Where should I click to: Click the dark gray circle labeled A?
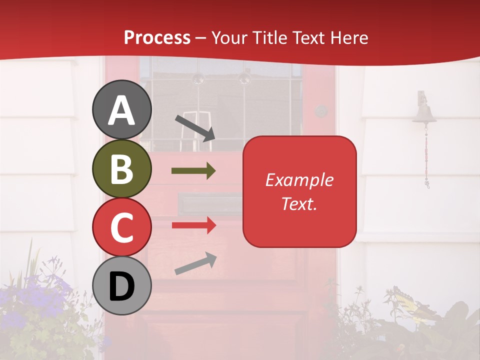point(122,109)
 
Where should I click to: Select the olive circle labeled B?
point(122,168)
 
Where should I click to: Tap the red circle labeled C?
point(122,227)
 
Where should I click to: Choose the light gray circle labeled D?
point(122,285)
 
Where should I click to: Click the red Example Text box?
point(299,191)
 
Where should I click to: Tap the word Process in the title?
point(157,37)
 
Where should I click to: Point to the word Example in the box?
point(299,180)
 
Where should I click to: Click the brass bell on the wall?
point(424,112)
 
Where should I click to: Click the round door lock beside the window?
point(321,111)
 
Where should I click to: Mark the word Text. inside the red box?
point(299,203)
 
